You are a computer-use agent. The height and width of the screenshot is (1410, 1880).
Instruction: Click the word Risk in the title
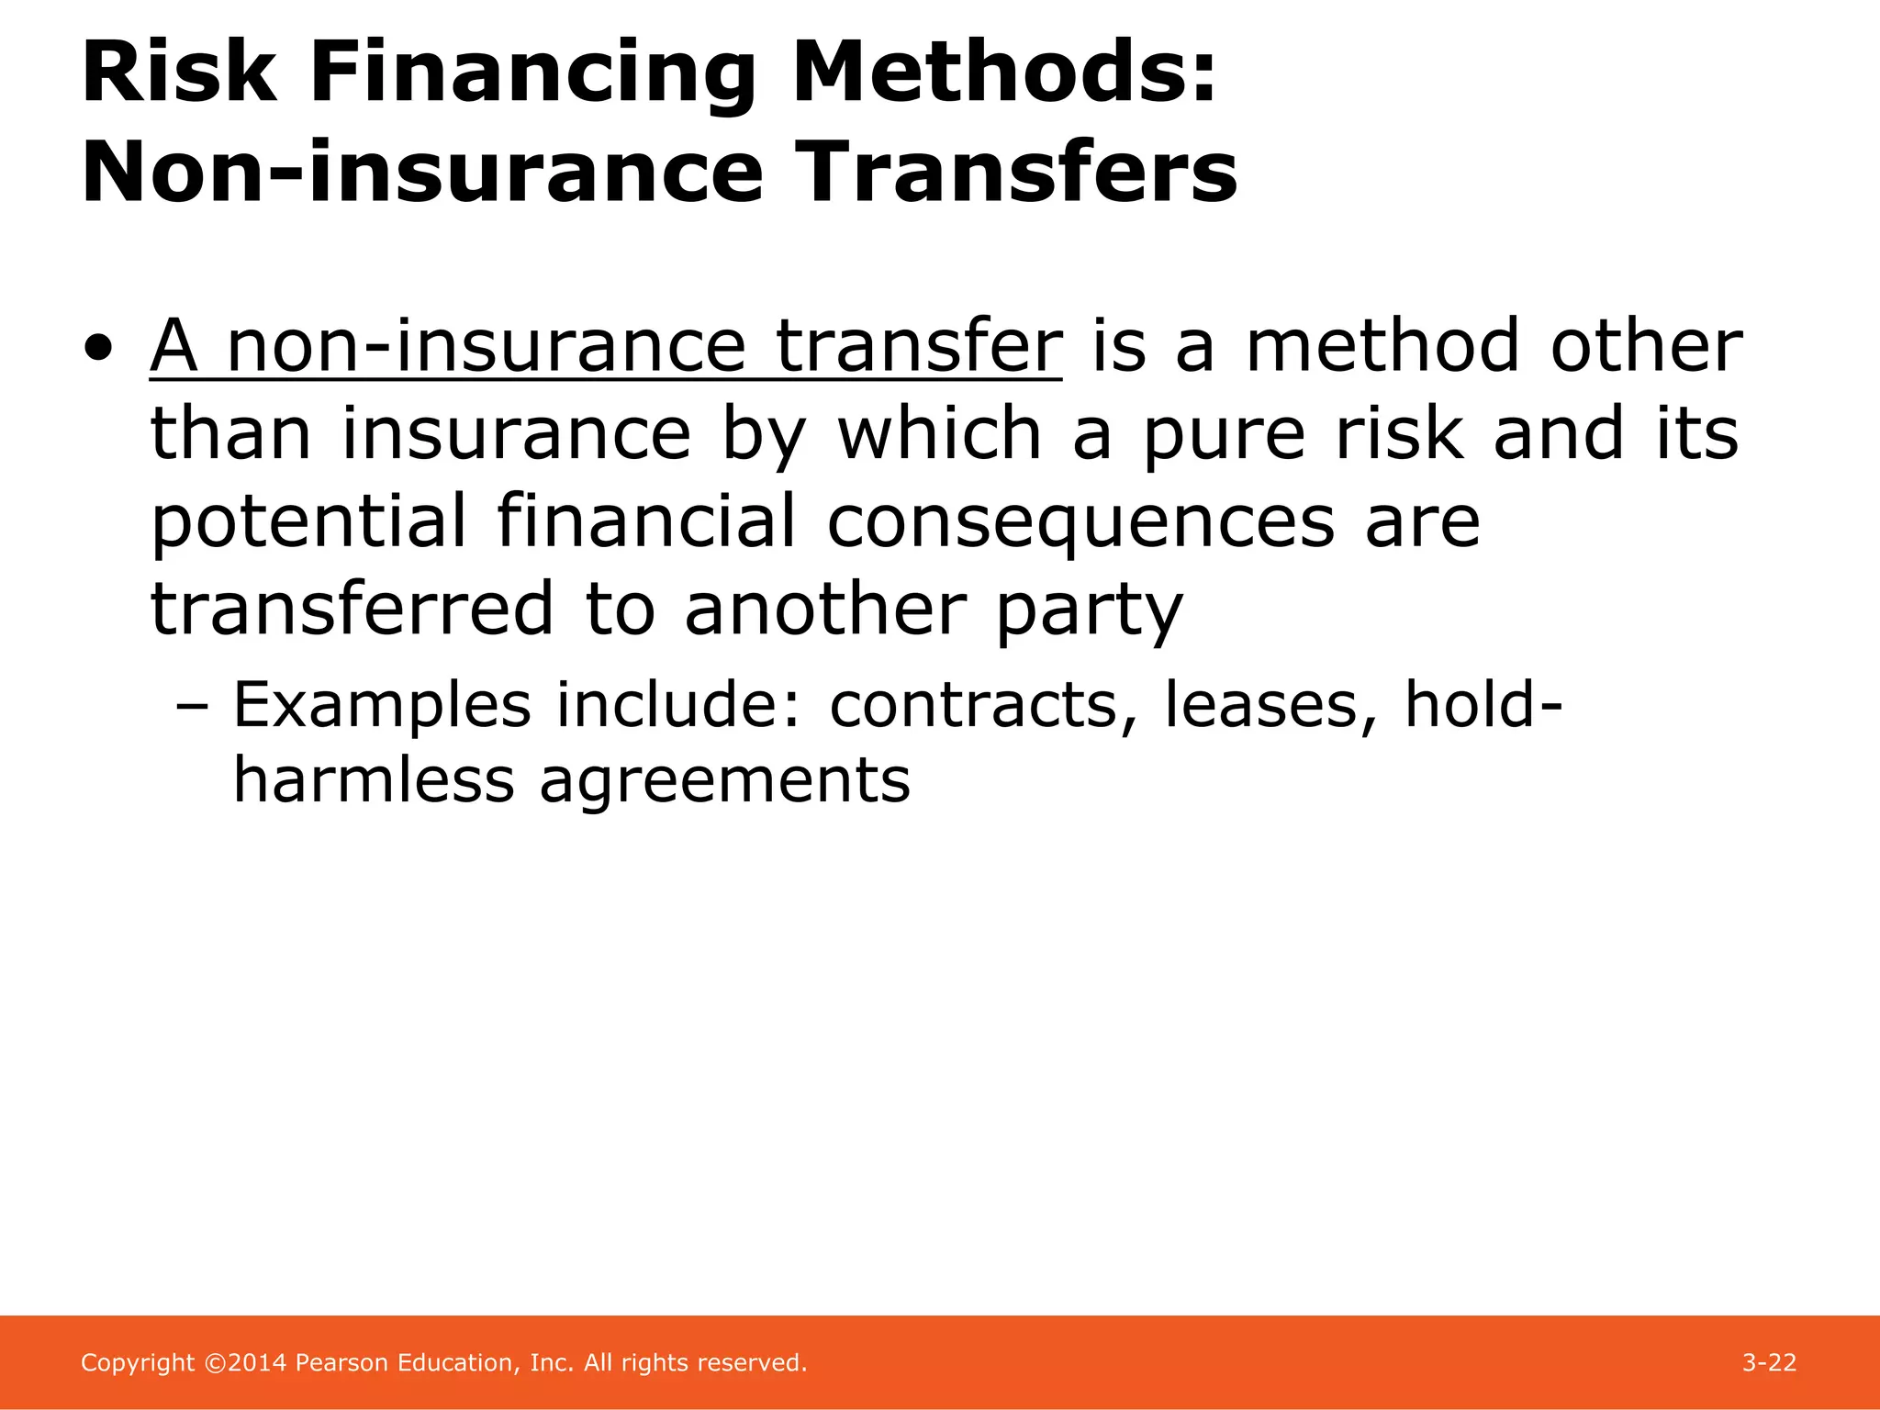tap(178, 73)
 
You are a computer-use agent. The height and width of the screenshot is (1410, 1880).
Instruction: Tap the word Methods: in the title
tap(1004, 73)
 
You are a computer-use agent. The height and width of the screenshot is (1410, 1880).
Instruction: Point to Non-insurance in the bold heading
tap(422, 173)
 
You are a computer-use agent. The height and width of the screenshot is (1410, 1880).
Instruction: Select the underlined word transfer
tap(918, 346)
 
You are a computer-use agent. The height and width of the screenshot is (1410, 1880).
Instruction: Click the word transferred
tap(352, 609)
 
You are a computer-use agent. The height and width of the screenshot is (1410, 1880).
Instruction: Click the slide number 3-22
tap(1769, 1363)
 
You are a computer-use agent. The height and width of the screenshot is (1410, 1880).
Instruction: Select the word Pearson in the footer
tap(342, 1363)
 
